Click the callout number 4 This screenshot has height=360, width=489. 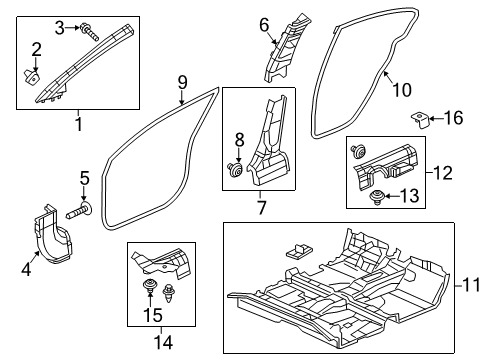pos(27,267)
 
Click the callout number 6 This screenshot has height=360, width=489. pos(264,24)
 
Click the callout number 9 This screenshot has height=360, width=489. pos(181,82)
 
